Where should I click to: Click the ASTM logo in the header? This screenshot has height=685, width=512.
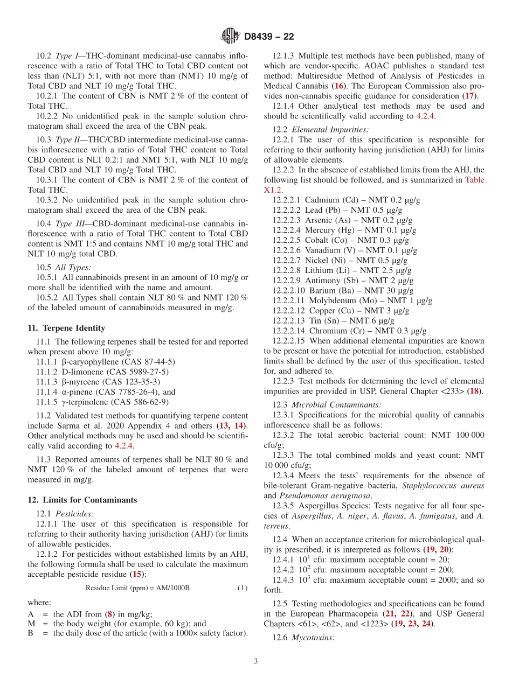click(230, 36)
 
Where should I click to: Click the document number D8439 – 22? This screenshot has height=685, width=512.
click(269, 37)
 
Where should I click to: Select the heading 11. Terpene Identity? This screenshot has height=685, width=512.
click(66, 328)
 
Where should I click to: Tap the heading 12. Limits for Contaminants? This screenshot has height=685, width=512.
click(82, 500)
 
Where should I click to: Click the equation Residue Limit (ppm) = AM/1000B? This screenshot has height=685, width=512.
click(137, 588)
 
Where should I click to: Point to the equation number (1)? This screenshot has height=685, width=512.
click(243, 588)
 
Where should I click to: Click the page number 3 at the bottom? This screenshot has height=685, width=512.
click(256, 661)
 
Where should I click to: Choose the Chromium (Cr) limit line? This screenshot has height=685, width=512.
click(349, 331)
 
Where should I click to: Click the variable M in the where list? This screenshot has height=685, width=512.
click(31, 624)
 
